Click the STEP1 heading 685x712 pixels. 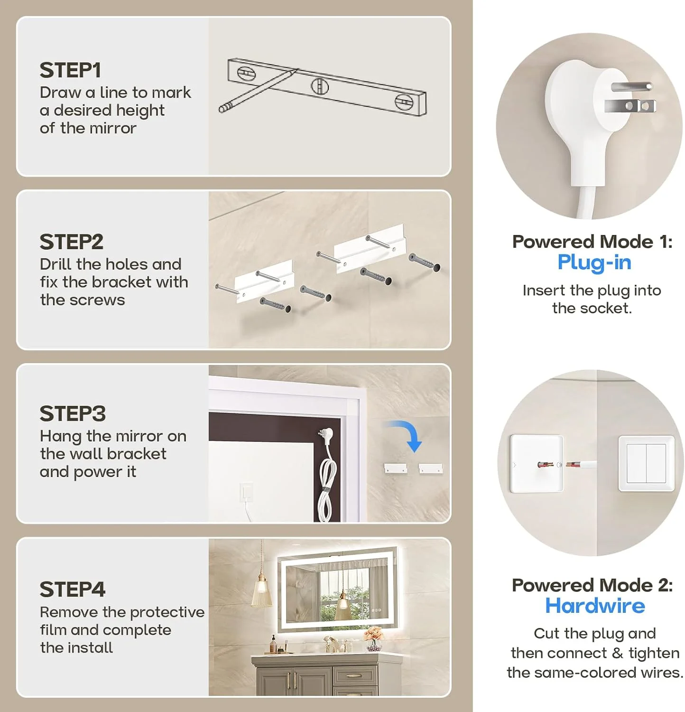(70, 70)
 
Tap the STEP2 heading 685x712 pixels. (71, 242)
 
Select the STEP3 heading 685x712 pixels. (73, 413)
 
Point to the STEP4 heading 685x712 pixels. (73, 589)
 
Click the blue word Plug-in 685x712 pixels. (594, 262)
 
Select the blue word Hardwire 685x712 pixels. (595, 606)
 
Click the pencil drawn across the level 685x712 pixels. (258, 91)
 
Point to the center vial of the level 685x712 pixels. (320, 86)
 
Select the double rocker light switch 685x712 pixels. (647, 463)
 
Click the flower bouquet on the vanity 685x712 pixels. (374, 638)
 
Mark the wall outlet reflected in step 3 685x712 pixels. (247, 492)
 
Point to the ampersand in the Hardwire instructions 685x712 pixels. (617, 654)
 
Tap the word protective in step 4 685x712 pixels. (167, 612)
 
